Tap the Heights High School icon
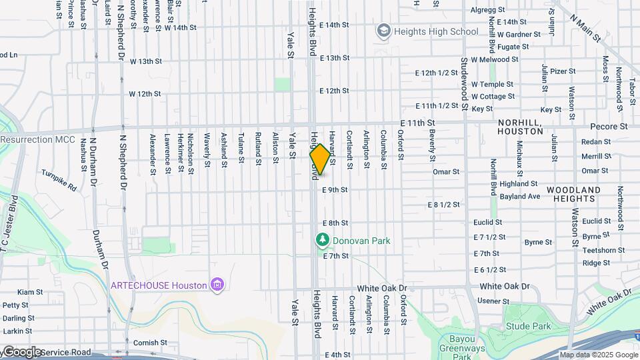[383, 31]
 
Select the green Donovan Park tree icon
[322, 239]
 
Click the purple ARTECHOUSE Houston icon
[216, 285]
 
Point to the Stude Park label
[528, 326]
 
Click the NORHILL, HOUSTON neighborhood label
[521, 127]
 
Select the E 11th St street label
[418, 123]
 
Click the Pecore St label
[609, 125]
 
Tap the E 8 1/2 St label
[444, 204]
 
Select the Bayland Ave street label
[519, 197]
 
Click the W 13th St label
[145, 61]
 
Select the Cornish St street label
[145, 343]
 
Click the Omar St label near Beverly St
[446, 171]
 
